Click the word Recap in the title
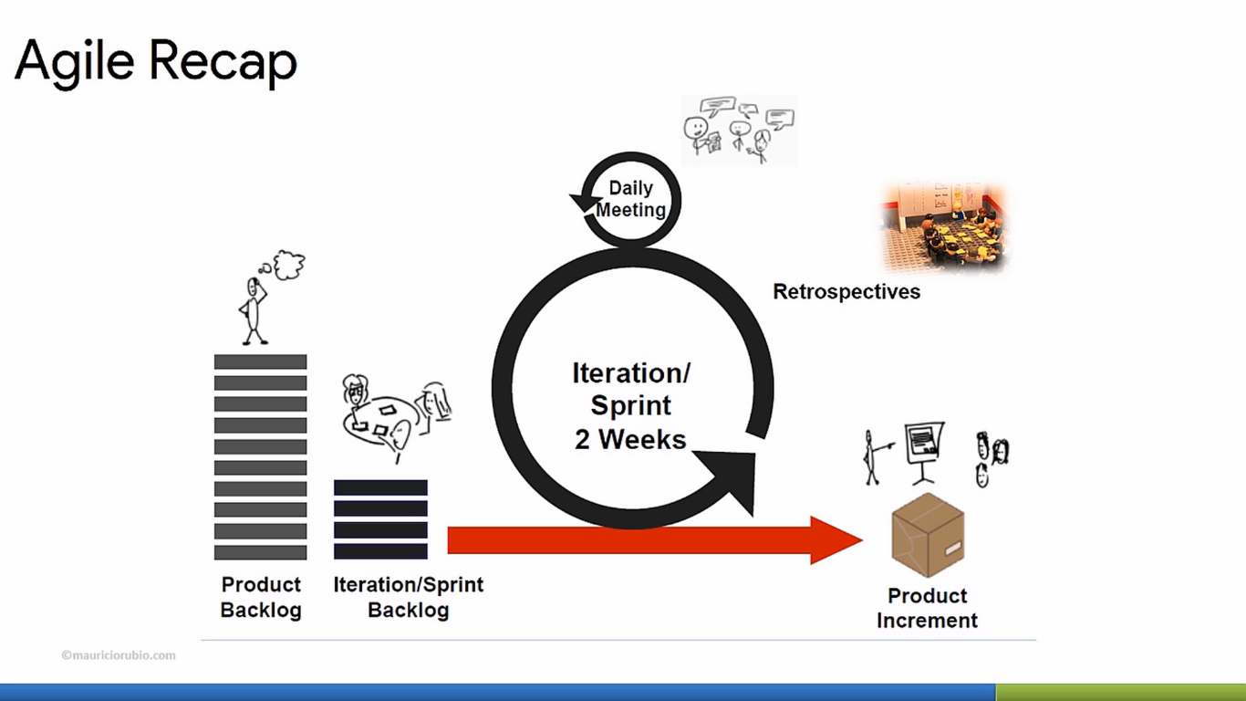click(x=223, y=62)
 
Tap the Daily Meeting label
click(x=631, y=199)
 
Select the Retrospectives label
click(x=846, y=292)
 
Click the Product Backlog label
click(x=261, y=597)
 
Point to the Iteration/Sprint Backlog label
click(x=408, y=597)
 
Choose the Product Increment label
click(x=927, y=608)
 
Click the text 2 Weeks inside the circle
click(x=630, y=439)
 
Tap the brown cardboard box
click(x=927, y=535)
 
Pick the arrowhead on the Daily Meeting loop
click(x=580, y=201)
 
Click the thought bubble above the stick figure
click(x=288, y=265)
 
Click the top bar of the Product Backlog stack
click(x=260, y=361)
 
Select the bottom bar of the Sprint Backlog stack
click(x=380, y=551)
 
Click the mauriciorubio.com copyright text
click(x=119, y=655)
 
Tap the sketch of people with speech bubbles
click(x=739, y=131)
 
